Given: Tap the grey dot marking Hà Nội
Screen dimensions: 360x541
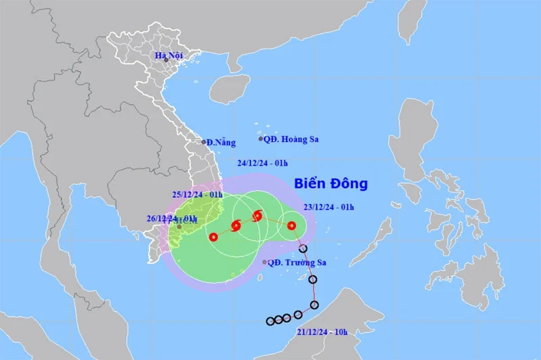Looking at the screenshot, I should [x=166, y=60].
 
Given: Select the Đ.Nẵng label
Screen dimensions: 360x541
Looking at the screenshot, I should [x=221, y=142].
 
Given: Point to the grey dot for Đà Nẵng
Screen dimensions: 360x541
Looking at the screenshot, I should [x=204, y=142].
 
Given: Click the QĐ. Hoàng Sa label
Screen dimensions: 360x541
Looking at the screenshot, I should [x=291, y=139].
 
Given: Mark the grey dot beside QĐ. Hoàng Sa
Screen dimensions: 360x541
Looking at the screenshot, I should [x=261, y=139].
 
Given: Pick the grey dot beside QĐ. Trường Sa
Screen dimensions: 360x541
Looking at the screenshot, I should [x=264, y=263].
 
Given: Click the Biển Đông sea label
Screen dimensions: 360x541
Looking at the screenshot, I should [x=331, y=183].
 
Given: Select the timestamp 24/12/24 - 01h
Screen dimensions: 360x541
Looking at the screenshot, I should [x=262, y=163].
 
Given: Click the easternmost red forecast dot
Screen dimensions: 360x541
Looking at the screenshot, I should [x=291, y=226].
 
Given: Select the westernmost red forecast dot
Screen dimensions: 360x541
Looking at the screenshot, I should [x=214, y=237].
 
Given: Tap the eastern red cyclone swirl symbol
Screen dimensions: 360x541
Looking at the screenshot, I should [x=257, y=217].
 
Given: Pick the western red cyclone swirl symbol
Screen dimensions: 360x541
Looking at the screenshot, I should [x=236, y=226].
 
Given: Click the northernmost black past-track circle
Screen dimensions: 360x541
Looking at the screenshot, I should [x=303, y=248].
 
